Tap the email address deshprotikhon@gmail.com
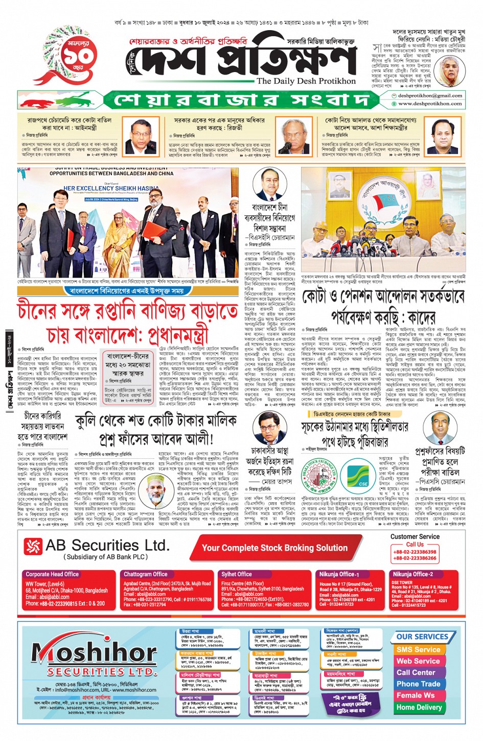(430, 95)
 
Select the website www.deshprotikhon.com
(430, 103)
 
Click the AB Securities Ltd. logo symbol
(33, 547)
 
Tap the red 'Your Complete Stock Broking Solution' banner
(274, 548)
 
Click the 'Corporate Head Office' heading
(52, 574)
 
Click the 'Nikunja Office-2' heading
(412, 574)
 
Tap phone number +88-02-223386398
(415, 552)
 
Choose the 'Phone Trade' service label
(418, 684)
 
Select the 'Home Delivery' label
(419, 707)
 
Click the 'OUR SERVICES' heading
(422, 637)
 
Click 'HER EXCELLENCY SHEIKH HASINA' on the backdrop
(111, 188)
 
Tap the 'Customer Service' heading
(415, 536)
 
